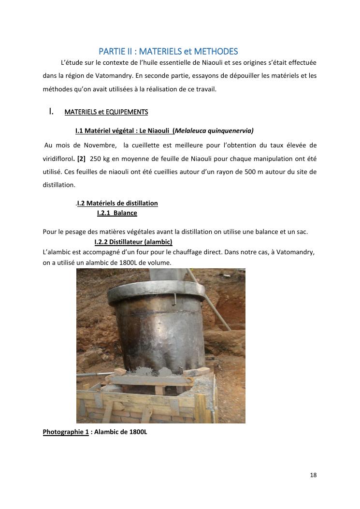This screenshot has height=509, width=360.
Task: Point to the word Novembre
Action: [100, 145]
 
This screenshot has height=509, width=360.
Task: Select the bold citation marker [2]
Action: [81, 159]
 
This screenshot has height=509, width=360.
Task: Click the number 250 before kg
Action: [95, 159]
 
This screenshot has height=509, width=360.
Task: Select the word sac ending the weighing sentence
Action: [302, 232]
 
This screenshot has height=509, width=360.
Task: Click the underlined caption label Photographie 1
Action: [66, 432]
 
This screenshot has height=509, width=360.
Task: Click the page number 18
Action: [313, 475]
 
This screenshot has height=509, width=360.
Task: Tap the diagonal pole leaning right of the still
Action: [217, 309]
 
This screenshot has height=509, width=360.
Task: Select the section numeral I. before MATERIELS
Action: [52, 112]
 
